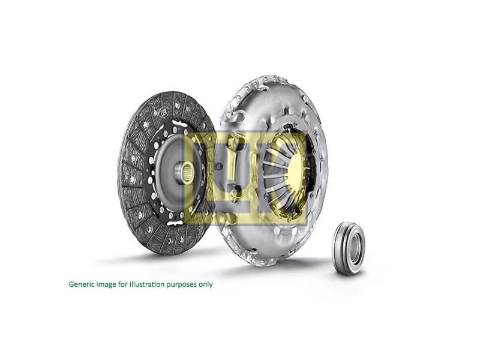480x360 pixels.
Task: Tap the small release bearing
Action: click(x=349, y=248)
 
